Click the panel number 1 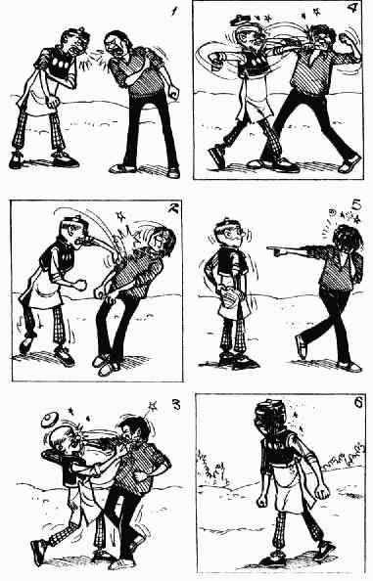(x=172, y=12)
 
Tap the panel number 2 (x=172, y=209)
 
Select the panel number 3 (x=176, y=405)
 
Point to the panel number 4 (x=352, y=8)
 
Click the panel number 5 (x=356, y=204)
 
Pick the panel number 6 (x=358, y=403)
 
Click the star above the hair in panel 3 (x=152, y=405)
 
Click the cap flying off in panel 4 (x=240, y=19)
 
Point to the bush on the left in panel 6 (x=211, y=468)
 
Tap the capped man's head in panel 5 (x=229, y=233)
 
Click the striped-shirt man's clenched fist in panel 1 (x=172, y=92)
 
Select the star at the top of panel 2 (x=120, y=215)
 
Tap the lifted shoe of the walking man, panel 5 (x=302, y=347)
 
